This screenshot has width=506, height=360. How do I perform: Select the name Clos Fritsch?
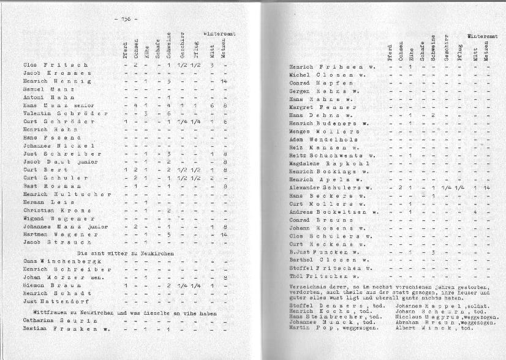(56, 64)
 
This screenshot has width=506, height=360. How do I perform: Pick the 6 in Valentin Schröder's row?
(168, 113)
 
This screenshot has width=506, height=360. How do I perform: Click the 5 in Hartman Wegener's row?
(168, 234)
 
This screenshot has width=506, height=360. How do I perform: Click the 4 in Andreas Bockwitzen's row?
(475, 212)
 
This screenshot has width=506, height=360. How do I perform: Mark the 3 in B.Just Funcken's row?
(432, 252)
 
